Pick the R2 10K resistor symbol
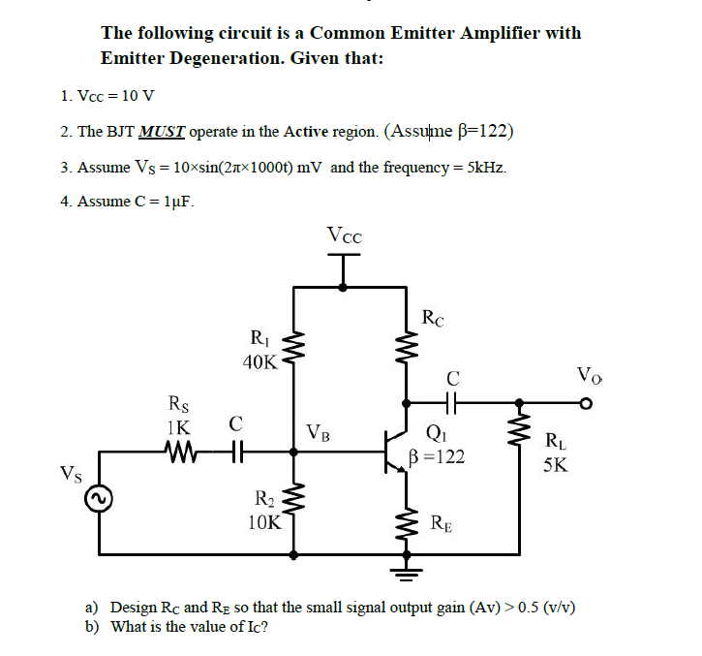click(295, 506)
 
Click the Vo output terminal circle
click(586, 402)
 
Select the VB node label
click(317, 432)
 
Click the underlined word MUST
click(165, 132)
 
